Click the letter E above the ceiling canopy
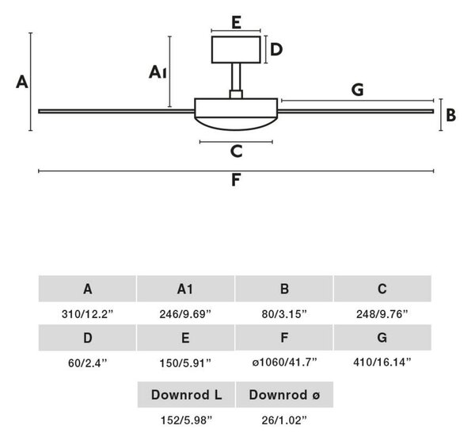[x=236, y=23]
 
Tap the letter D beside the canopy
[x=276, y=49]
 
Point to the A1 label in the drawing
[x=158, y=72]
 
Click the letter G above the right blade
[x=358, y=90]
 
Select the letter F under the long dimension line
[x=236, y=180]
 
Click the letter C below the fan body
[x=236, y=151]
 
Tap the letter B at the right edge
[x=450, y=115]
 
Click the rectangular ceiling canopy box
[x=236, y=50]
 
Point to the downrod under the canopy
[x=236, y=77]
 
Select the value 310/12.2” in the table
[x=87, y=314]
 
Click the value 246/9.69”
[x=185, y=314]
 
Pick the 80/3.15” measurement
[x=284, y=314]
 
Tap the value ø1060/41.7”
[x=284, y=362]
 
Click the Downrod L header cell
[x=186, y=394]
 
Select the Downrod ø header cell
[x=284, y=394]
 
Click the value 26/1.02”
[x=284, y=420]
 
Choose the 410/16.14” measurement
[x=382, y=362]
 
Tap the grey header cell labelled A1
[x=185, y=289]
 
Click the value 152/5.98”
[x=186, y=420]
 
